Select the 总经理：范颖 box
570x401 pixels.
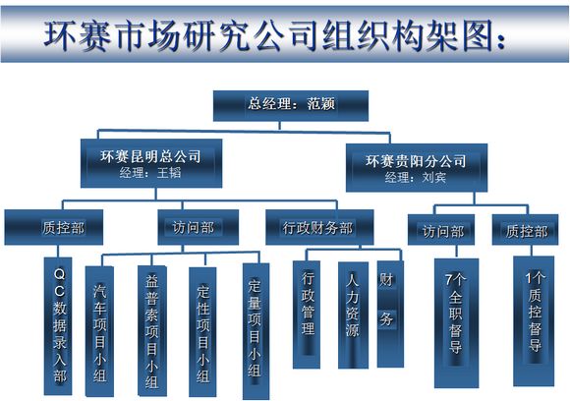(291, 105)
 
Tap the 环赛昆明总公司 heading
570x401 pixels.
(151, 156)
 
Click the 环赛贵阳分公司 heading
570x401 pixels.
(416, 160)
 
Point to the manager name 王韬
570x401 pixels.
(169, 172)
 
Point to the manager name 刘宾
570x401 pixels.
(434, 177)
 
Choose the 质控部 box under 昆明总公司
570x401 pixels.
(54, 227)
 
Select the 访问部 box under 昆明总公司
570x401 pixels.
(199, 227)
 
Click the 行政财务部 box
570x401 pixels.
(319, 227)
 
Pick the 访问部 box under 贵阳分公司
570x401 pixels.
(441, 230)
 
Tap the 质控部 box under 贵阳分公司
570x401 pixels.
(525, 230)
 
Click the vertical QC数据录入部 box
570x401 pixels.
(58, 326)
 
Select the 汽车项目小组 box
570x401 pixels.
(99, 331)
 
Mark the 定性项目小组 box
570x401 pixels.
(202, 332)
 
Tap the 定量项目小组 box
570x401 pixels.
(256, 331)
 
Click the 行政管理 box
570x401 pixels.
(307, 315)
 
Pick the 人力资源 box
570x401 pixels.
(353, 315)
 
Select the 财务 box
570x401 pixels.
(390, 315)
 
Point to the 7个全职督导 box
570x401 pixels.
(457, 323)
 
